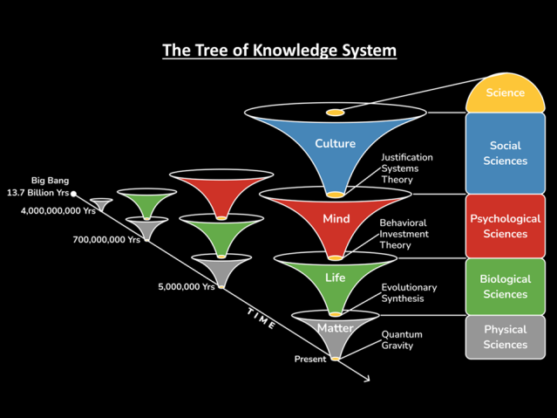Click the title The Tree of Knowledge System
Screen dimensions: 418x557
point(279,50)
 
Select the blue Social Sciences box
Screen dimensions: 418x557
point(506,154)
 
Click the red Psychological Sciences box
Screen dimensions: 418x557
point(506,226)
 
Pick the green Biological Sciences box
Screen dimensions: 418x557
point(506,286)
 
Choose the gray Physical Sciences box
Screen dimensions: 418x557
point(506,337)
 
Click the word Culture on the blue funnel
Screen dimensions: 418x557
point(335,144)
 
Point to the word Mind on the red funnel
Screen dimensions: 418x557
point(336,218)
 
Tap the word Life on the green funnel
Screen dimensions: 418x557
point(336,278)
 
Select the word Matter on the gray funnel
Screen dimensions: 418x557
point(335,328)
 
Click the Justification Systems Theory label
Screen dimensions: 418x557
point(406,168)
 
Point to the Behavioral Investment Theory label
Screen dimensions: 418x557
point(403,234)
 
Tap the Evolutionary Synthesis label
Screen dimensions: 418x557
point(409,292)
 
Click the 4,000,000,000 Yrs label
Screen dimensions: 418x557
point(58,210)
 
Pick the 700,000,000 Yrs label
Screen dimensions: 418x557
point(106,239)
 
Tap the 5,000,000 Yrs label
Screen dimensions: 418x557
point(186,286)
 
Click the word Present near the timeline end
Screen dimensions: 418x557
point(310,359)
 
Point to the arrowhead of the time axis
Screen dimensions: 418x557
point(366,379)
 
